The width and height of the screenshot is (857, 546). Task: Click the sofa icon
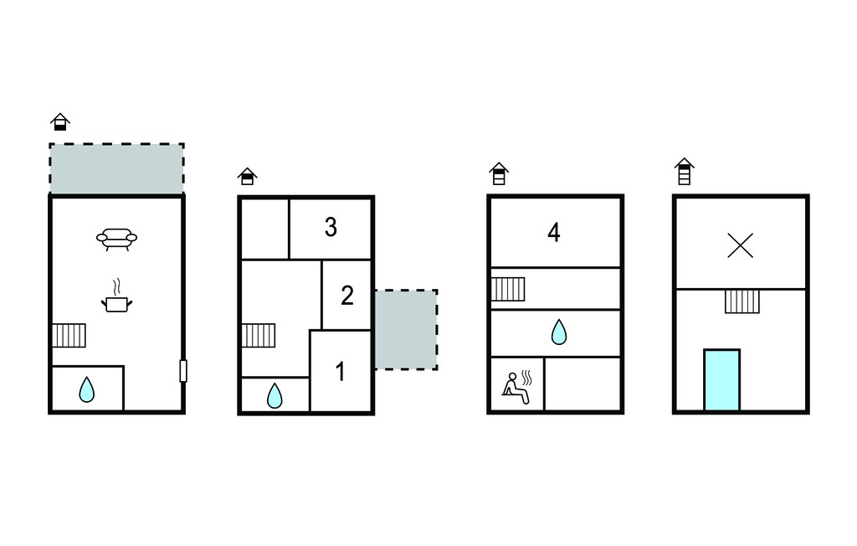tap(116, 239)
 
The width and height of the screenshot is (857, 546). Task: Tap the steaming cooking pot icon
tap(116, 296)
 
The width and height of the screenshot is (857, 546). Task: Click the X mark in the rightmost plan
tap(741, 245)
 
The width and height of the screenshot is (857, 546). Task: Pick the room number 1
tap(340, 372)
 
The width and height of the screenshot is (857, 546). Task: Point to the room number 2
tap(347, 296)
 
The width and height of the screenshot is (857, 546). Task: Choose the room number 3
tap(331, 227)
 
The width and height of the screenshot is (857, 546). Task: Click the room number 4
tap(554, 233)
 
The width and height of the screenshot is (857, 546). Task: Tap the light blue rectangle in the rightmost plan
tap(721, 379)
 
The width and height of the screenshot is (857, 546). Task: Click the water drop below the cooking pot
tap(86, 389)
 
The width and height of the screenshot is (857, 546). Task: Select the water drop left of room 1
tap(275, 395)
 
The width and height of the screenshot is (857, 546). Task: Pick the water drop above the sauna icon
tap(558, 332)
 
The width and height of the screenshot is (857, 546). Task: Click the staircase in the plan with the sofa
tap(69, 335)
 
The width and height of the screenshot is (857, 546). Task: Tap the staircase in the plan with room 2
tap(258, 335)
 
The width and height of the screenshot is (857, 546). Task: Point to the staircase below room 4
tap(508, 289)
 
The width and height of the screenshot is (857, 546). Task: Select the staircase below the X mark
tap(742, 301)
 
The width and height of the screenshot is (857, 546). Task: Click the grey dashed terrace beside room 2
tap(406, 329)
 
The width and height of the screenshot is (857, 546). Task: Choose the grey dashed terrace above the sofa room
tap(116, 168)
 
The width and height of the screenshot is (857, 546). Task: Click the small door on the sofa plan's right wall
tap(183, 371)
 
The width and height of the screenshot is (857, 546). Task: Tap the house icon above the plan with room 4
tap(499, 173)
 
